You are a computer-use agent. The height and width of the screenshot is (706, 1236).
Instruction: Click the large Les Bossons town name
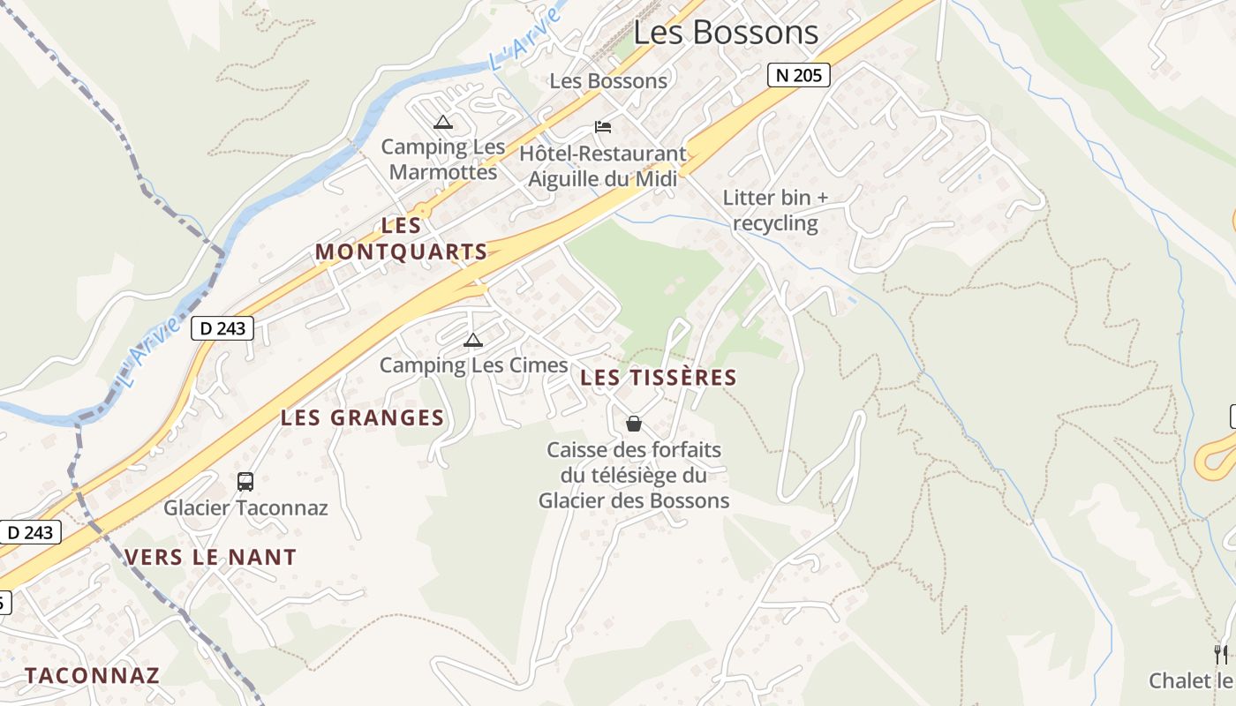(x=726, y=33)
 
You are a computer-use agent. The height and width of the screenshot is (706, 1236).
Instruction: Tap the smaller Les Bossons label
(x=608, y=81)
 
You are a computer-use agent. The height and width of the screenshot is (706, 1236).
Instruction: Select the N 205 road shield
(x=798, y=75)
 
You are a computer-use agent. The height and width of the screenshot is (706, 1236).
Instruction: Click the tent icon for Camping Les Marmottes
(x=443, y=122)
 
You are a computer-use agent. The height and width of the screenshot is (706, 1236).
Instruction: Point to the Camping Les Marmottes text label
(x=443, y=160)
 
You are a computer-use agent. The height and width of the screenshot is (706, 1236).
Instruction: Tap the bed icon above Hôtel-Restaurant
(x=603, y=127)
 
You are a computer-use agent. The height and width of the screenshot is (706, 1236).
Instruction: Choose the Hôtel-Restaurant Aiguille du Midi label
(x=603, y=166)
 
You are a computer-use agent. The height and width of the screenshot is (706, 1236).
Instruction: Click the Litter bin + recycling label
(x=776, y=210)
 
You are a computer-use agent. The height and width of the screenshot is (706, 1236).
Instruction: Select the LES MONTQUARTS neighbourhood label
(x=401, y=238)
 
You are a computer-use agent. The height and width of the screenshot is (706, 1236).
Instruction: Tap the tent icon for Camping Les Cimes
(x=473, y=340)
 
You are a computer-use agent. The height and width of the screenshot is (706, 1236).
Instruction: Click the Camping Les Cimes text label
(x=473, y=365)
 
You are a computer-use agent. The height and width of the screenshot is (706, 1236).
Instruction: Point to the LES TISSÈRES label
(x=659, y=378)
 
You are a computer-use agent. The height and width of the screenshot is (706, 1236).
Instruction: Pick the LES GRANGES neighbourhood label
(x=362, y=418)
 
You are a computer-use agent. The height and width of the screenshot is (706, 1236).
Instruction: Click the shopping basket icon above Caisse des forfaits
(x=633, y=424)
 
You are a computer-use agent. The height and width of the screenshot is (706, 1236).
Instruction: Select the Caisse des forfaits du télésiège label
(x=634, y=476)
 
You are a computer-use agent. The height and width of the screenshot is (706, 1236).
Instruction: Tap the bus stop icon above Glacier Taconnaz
(x=245, y=482)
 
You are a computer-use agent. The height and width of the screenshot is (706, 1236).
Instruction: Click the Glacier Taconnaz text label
(x=245, y=508)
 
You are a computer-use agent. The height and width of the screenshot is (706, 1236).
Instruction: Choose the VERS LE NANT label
(x=210, y=558)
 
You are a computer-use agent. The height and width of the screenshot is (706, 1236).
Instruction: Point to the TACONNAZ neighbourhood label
(x=92, y=676)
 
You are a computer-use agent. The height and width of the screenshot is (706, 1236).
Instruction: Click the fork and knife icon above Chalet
(x=1221, y=654)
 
